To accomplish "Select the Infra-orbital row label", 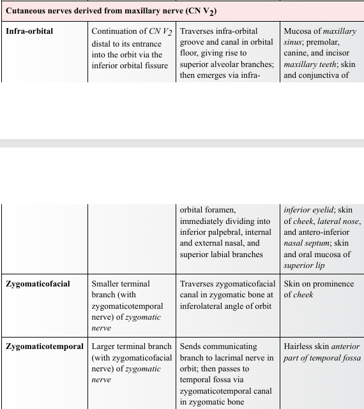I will click(29, 31).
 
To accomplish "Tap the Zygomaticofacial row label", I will click(38, 283).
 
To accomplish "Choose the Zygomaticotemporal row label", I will click(45, 346).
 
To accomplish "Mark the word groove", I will click(192, 42).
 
